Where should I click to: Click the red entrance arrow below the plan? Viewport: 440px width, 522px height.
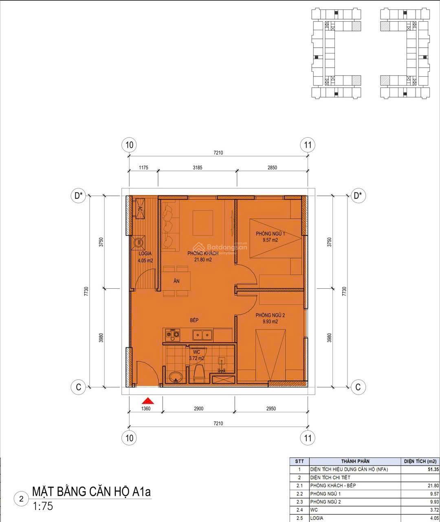[x=148, y=401]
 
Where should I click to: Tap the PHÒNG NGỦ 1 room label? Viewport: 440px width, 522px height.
[x=270, y=234]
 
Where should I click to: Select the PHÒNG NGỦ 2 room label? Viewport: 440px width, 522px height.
[x=270, y=315]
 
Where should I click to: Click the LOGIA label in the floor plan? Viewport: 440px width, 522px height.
[x=145, y=254]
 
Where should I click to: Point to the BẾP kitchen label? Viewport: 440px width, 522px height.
[x=194, y=320]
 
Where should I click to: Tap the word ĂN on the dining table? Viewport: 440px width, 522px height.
[x=176, y=281]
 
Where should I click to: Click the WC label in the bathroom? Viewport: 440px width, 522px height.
[x=196, y=352]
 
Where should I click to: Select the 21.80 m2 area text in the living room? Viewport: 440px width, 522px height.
[x=203, y=260]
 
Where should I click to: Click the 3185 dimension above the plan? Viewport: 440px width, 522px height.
[x=198, y=168]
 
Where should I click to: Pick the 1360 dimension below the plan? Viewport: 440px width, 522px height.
[x=146, y=409]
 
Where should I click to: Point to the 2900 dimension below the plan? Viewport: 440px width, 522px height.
[x=198, y=409]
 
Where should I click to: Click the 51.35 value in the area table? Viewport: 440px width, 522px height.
[x=433, y=469]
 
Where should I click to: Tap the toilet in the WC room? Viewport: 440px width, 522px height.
[x=200, y=373]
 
